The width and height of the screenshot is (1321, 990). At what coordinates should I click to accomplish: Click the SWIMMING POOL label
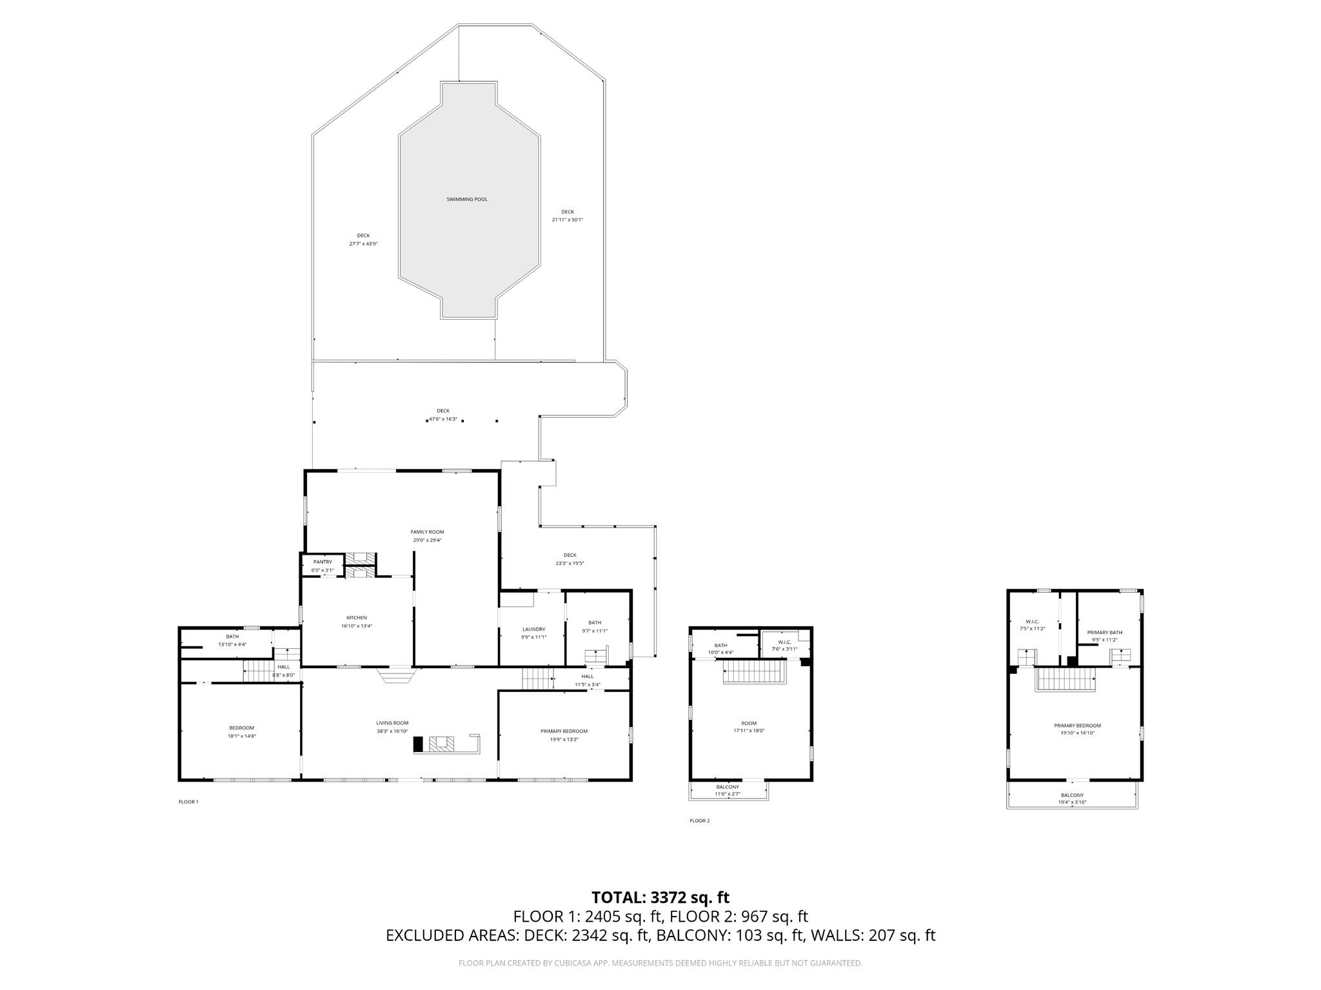click(x=467, y=199)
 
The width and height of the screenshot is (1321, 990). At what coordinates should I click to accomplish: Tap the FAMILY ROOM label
click(x=427, y=532)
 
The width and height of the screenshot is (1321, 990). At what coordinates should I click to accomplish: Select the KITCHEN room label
click(x=356, y=618)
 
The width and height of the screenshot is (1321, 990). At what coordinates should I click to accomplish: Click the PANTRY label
click(x=323, y=562)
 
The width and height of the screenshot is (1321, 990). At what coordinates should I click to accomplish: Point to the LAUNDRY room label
click(x=533, y=629)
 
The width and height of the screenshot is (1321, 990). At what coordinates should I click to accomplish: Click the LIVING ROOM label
click(x=392, y=723)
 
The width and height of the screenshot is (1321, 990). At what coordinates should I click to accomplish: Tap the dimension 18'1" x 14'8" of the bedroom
click(x=241, y=736)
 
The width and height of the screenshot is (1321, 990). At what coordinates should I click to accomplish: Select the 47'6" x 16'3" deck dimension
click(x=443, y=419)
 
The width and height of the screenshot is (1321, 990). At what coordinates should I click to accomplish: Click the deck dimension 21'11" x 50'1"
click(x=567, y=220)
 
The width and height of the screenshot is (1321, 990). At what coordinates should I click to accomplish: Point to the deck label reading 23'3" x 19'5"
click(x=570, y=563)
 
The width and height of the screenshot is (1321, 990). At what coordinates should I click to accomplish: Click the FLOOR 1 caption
click(x=188, y=802)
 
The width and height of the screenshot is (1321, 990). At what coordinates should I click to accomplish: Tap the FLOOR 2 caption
click(x=699, y=821)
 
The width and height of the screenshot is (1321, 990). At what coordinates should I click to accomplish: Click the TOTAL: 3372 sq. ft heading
click(x=660, y=897)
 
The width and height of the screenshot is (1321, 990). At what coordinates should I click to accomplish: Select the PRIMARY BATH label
click(x=1104, y=632)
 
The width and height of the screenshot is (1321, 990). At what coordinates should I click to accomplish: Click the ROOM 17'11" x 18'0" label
click(x=748, y=727)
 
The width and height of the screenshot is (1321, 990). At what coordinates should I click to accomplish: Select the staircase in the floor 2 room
click(x=753, y=676)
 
